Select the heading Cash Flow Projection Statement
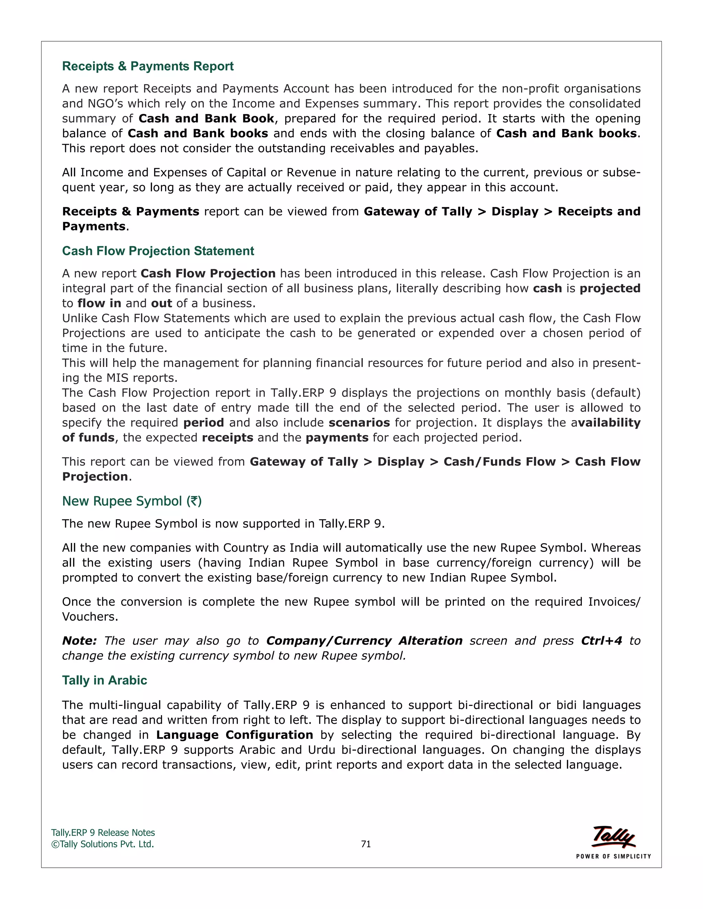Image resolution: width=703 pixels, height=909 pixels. click(158, 251)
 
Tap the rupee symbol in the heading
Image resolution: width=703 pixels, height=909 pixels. click(194, 501)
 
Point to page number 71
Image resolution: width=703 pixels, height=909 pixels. click(366, 844)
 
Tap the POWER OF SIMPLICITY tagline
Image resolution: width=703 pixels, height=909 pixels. click(613, 856)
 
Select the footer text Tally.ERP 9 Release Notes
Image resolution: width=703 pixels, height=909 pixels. click(103, 833)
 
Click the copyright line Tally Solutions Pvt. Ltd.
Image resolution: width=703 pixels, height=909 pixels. click(103, 844)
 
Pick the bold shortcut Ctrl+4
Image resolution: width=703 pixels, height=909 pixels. click(601, 641)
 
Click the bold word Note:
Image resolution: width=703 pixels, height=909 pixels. click(79, 641)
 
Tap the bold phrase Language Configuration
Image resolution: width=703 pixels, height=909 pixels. click(234, 735)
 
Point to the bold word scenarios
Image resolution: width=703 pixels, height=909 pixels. click(359, 423)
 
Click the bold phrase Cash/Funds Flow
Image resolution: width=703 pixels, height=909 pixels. click(499, 462)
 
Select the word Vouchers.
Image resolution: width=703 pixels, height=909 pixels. click(90, 617)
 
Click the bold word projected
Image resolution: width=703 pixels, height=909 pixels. click(610, 288)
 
